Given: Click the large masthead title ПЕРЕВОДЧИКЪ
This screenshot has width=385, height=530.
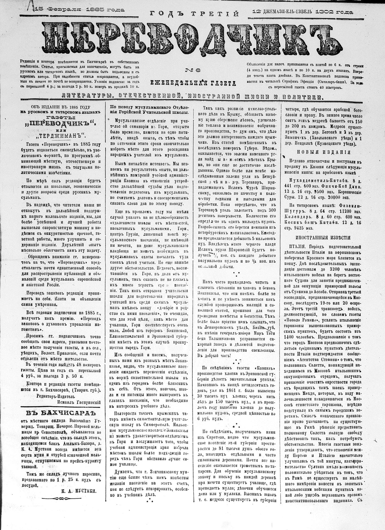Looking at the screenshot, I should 193,38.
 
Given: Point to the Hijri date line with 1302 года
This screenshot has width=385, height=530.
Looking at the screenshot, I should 303,12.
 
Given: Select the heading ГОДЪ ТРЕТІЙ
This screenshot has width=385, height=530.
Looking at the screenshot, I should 194,14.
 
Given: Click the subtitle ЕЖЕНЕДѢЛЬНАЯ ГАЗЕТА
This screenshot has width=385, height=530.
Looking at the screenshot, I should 193,83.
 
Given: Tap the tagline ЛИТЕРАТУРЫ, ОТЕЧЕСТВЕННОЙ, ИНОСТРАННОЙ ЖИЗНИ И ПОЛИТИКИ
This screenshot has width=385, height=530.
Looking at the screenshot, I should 193,97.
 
